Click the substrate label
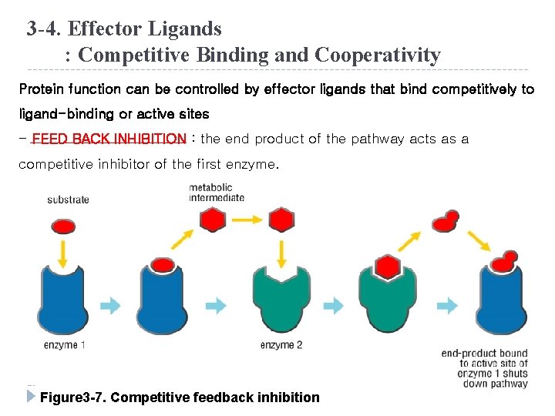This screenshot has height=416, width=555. (68, 200)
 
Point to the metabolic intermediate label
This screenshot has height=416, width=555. (217, 193)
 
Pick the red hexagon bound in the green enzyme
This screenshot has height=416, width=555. (388, 267)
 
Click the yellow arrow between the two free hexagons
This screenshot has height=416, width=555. (247, 220)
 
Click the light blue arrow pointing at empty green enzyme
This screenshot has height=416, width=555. (219, 306)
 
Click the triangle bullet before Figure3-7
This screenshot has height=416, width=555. (31, 398)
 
